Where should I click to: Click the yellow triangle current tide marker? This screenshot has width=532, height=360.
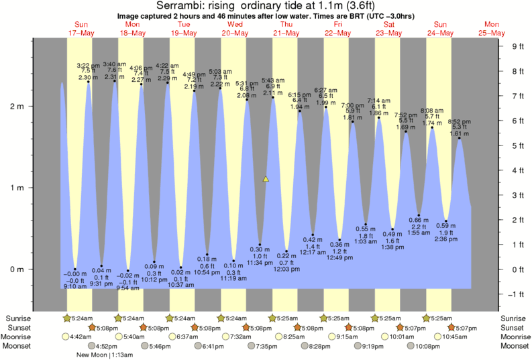click(x=266, y=179)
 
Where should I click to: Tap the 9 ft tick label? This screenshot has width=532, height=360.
click(x=517, y=46)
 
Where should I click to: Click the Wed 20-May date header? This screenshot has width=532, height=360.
click(x=234, y=29)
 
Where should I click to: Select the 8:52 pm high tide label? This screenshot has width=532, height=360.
click(x=459, y=121)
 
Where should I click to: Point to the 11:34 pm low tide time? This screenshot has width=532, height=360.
click(x=260, y=263)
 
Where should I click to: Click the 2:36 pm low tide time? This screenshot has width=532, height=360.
click(x=446, y=239)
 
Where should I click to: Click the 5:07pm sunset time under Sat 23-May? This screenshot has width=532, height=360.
click(x=415, y=327)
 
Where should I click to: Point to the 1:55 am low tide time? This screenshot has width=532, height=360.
click(x=419, y=232)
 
